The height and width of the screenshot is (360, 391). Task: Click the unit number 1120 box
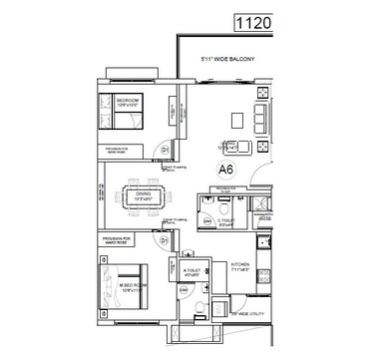click(x=250, y=20)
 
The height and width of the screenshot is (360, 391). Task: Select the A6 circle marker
click(x=228, y=171)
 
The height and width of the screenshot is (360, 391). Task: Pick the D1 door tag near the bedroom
click(x=165, y=150)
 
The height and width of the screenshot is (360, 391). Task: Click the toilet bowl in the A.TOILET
click(x=199, y=306)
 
